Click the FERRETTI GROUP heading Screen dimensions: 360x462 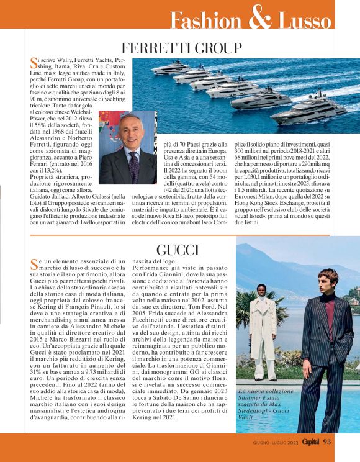pos(181,48)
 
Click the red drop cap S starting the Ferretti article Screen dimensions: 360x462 pos(34,61)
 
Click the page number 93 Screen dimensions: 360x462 pos(328,442)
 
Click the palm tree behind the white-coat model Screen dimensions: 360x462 pos(246,307)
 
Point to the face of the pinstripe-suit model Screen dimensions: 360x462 pos(323,283)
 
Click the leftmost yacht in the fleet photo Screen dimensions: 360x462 pos(159,70)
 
